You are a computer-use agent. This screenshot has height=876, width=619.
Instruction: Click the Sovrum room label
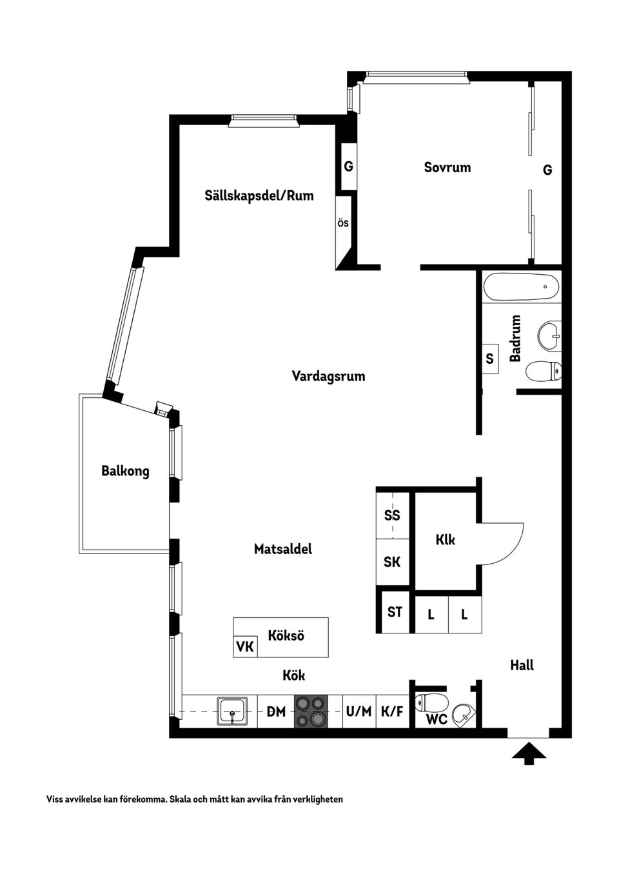(x=447, y=168)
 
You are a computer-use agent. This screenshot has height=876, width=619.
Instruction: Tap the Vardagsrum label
(x=328, y=376)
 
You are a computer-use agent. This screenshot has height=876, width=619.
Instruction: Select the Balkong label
(x=125, y=471)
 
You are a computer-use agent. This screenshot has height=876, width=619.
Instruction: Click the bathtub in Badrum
(x=520, y=286)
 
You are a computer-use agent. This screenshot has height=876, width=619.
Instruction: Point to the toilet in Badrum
(x=543, y=372)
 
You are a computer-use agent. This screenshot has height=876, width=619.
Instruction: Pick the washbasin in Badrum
(x=549, y=335)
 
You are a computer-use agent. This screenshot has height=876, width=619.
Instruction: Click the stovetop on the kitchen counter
(x=311, y=712)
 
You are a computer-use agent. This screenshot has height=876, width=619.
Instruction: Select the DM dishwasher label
(x=276, y=712)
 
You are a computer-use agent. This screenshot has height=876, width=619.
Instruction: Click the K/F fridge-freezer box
(x=392, y=712)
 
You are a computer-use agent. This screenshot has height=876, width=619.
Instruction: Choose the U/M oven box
(x=359, y=712)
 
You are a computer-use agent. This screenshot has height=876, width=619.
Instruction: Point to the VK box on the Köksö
(x=245, y=646)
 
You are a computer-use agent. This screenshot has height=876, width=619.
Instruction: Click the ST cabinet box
(x=395, y=612)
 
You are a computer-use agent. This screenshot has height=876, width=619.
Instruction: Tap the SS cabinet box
(x=392, y=515)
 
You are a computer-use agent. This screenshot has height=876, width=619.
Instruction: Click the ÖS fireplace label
(x=343, y=223)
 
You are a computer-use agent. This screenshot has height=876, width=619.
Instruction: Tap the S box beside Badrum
(x=489, y=359)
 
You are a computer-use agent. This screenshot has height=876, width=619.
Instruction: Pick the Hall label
(x=522, y=665)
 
